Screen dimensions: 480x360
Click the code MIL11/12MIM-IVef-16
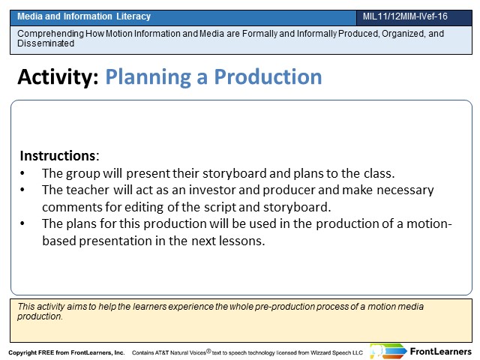coord(405,16)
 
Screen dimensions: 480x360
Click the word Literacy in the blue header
coord(133,16)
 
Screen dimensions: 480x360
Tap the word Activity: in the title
coord(58,76)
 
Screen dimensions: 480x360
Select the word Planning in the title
coord(148,76)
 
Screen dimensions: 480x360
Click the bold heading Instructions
coord(58,155)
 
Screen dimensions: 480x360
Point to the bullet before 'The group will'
coord(22,173)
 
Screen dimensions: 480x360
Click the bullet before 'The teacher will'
coord(22,190)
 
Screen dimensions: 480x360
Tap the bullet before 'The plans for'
coord(22,223)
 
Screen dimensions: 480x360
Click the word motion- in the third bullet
coord(429,223)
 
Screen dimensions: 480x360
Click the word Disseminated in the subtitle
coord(46,43)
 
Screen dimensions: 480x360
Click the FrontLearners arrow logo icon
coord(388,351)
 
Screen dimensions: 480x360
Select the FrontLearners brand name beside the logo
coord(440,352)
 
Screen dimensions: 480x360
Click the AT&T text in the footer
coord(162,352)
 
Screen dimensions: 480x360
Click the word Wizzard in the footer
coord(321,352)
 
